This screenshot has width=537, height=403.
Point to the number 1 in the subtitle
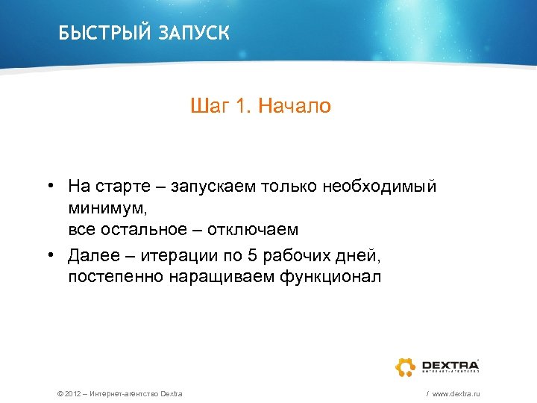click(x=240, y=107)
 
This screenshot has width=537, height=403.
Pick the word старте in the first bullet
click(x=124, y=185)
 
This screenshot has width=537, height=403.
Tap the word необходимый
click(x=380, y=185)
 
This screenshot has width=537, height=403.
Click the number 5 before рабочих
click(x=251, y=257)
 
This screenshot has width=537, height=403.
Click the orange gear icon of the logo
click(x=405, y=366)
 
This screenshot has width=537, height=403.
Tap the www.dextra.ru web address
click(x=456, y=393)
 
